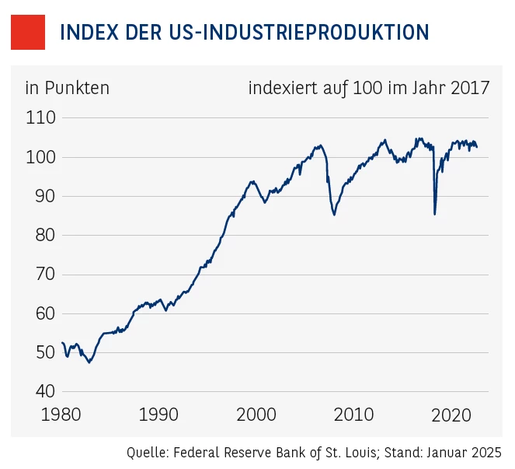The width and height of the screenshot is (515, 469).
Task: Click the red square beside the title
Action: tap(28, 32)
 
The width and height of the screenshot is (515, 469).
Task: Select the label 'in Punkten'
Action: tap(68, 88)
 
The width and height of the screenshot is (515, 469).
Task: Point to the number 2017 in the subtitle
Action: tap(468, 88)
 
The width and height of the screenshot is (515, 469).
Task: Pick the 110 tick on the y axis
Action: tap(40, 118)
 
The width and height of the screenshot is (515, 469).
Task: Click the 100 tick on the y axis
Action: tap(40, 157)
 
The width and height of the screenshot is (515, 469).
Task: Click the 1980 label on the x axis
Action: tap(63, 415)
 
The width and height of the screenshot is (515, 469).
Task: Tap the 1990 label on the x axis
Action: tap(160, 415)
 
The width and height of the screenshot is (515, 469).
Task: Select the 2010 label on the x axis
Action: tap(354, 415)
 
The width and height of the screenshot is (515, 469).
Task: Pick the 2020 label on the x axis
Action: tap(451, 415)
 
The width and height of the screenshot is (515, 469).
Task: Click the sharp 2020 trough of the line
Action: tap(435, 214)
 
